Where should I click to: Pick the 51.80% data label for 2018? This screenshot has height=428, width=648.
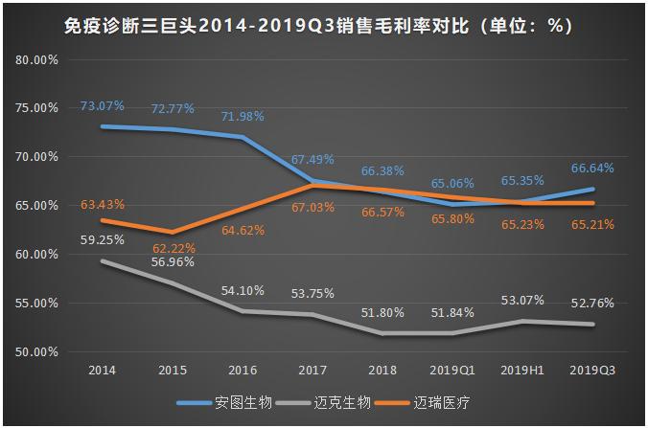[382, 313]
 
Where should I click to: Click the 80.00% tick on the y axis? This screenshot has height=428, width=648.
[38, 59]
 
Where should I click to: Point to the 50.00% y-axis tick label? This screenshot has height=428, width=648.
[38, 352]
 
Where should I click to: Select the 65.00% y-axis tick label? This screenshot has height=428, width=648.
[38, 206]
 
